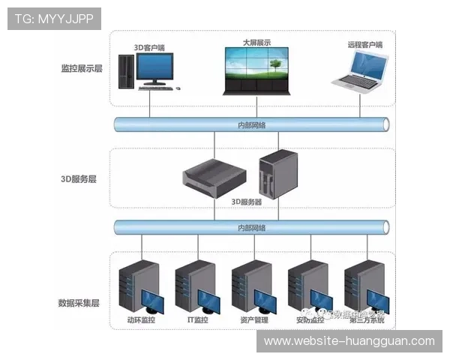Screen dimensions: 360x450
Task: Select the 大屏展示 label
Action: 256,43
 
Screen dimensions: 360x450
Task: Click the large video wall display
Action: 256,70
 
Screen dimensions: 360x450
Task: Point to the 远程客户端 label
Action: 364,45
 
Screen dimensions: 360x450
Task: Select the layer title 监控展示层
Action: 82,68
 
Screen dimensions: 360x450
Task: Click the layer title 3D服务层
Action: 79,179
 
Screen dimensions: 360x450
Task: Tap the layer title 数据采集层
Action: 79,303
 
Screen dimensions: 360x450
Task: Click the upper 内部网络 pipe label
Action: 250,124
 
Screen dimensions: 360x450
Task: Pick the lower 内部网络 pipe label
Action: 250,227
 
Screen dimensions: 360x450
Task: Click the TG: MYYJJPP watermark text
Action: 54,18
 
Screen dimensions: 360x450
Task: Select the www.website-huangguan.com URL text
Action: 349,340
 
